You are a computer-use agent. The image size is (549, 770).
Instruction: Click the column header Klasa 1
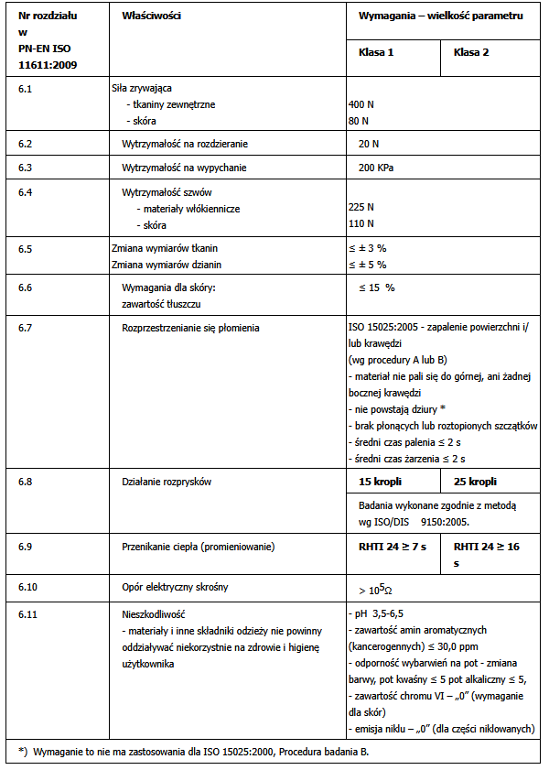pyautogui.click(x=376, y=53)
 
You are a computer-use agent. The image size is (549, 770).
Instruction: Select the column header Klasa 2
pyautogui.click(x=471, y=53)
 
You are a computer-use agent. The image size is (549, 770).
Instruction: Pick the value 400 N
pyautogui.click(x=361, y=104)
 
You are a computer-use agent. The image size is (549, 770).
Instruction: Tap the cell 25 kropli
pyautogui.click(x=475, y=481)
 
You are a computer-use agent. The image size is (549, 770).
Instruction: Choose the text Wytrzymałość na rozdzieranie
pyautogui.click(x=185, y=144)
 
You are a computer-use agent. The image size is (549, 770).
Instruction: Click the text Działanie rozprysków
pyautogui.click(x=167, y=481)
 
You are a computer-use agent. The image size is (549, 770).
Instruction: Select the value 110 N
pyautogui.click(x=361, y=224)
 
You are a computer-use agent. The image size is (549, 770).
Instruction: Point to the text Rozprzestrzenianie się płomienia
pyautogui.click(x=190, y=327)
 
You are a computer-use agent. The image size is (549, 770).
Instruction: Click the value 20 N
pyautogui.click(x=369, y=144)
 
